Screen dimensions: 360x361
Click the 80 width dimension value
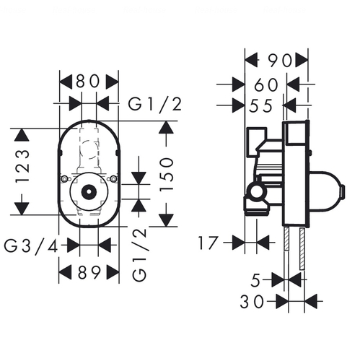coord(88,81)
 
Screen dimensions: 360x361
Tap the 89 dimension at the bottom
coord(89,272)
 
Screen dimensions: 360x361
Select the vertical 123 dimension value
coord(23,166)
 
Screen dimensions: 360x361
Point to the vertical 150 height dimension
coord(167,174)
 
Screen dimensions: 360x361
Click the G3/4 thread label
coord(31,247)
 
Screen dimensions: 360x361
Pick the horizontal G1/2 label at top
coord(155,105)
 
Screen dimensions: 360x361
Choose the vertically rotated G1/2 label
coord(139,255)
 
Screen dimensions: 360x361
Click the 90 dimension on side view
coord(280,61)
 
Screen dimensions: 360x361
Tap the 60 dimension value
coord(265,85)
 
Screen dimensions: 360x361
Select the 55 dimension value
coord(260,106)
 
